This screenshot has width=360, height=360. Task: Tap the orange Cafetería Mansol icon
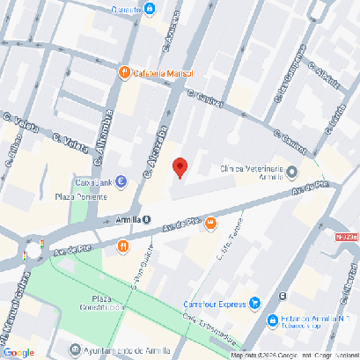[x=125, y=72]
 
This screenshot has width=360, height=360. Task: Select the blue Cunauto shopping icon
[x=150, y=9]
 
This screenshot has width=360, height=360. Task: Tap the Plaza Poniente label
[x=80, y=197]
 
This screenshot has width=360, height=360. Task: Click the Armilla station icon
[x=146, y=220]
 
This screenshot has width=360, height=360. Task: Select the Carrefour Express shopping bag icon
[x=255, y=304]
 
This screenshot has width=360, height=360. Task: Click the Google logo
[x=18, y=352]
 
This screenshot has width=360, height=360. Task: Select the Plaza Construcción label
[x=104, y=304]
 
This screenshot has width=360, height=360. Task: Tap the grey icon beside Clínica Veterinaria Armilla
[x=292, y=172]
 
